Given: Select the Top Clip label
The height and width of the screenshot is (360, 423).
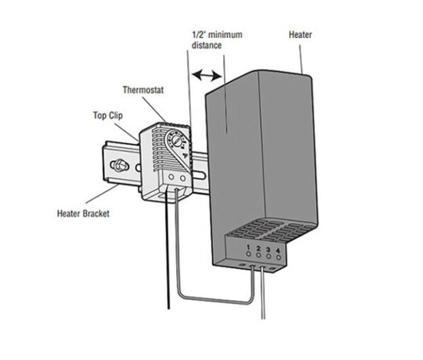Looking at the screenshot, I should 108,115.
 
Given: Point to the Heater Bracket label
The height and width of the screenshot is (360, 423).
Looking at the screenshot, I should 83,213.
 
